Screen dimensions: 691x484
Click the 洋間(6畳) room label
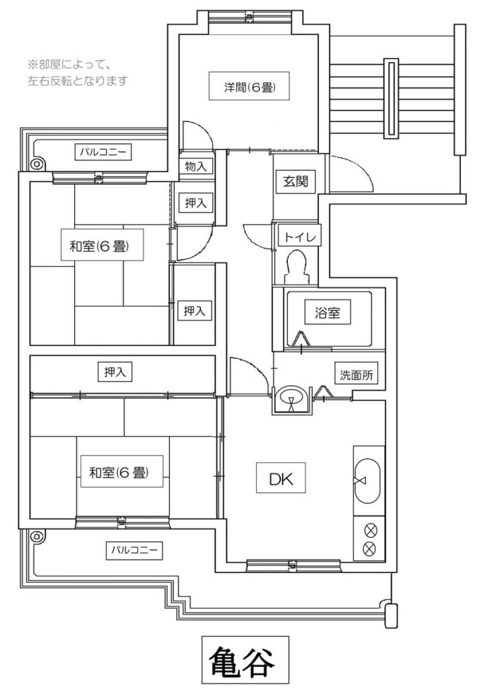[x=247, y=87]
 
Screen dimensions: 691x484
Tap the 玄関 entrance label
[x=295, y=181]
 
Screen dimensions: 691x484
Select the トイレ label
[x=298, y=236]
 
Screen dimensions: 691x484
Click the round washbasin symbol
[x=291, y=398]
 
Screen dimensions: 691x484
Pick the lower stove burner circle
[x=369, y=548]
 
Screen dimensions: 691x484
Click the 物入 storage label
[x=195, y=166]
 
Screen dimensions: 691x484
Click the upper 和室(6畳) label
[x=99, y=246]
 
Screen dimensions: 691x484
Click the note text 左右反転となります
[x=78, y=80]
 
